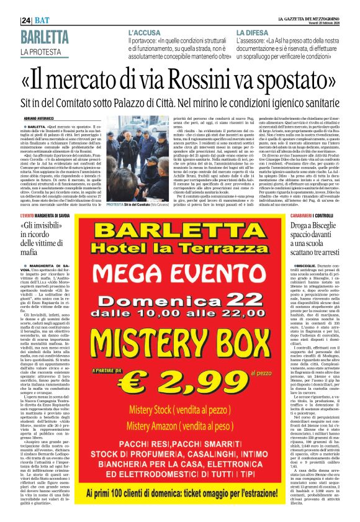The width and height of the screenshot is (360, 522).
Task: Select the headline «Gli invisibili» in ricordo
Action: (43, 238)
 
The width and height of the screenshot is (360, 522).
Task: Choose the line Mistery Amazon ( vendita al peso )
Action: (180, 426)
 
